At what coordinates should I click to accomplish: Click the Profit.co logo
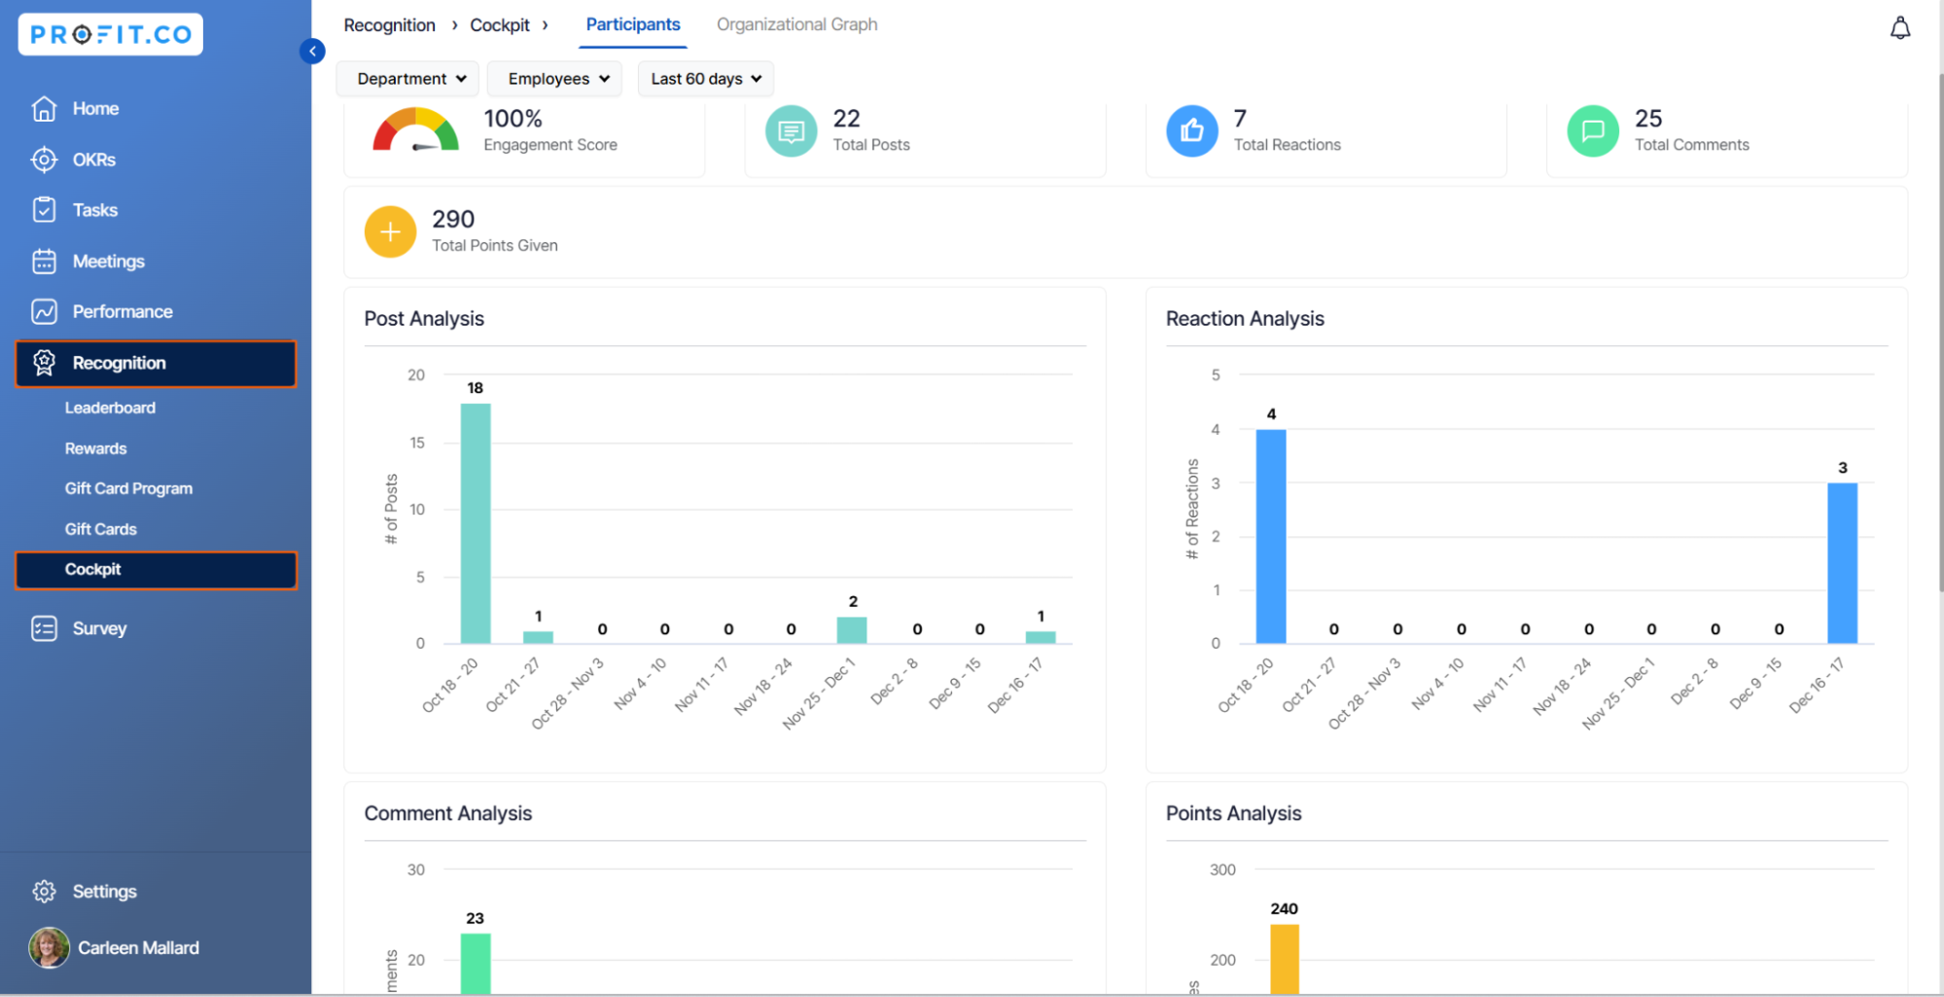110,35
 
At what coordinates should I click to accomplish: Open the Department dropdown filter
408,79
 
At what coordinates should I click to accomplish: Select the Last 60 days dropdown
705,79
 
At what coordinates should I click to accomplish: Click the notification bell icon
1899,28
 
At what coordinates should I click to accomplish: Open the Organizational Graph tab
796,24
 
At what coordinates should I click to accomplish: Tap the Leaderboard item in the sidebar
110,408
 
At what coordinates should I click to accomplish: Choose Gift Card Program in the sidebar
128,488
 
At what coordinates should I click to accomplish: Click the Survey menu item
99,628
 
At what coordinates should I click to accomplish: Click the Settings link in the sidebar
104,891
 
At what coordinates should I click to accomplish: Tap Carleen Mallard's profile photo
49,947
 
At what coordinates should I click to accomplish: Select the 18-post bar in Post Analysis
475,523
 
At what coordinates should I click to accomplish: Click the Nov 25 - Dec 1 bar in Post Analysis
852,630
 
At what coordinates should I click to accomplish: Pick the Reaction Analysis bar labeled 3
1842,562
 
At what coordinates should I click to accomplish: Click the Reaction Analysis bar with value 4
1270,536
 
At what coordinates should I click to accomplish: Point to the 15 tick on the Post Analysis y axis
417,443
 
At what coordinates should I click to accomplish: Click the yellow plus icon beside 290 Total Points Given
390,231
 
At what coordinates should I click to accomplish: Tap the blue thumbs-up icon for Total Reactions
1191,130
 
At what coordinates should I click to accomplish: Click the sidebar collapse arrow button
312,51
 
